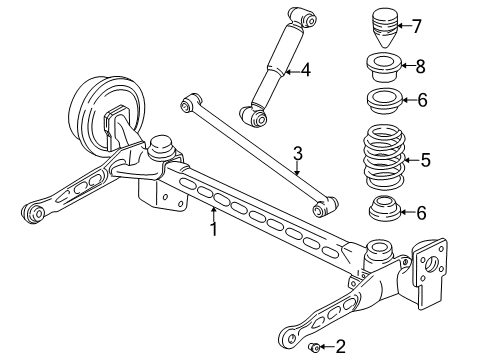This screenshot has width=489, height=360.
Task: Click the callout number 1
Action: (213, 228)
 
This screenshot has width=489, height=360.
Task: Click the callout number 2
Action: (340, 348)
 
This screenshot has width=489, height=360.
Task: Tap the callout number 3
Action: (297, 154)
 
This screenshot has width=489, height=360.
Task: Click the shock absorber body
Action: (274, 73)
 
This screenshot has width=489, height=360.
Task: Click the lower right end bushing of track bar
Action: (324, 209)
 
